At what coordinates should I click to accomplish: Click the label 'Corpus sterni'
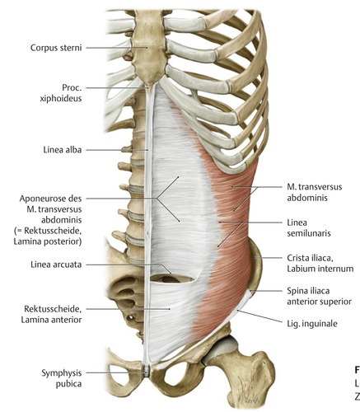coord(56,48)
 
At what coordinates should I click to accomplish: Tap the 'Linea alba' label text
coord(63,150)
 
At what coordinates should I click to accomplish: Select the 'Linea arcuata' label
coord(56,265)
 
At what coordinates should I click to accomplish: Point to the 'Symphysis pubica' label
coord(62,378)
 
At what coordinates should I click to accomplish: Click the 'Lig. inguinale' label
coord(312,324)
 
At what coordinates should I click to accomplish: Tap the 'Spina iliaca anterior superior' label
coord(319,296)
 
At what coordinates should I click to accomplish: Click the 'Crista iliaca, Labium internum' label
coord(320,263)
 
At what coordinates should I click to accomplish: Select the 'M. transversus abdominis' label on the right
coord(315,192)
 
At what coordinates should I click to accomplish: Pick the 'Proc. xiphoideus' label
coord(61,93)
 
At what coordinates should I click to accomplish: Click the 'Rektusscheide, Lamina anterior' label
coord(51,314)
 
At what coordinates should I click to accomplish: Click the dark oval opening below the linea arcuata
coord(172,279)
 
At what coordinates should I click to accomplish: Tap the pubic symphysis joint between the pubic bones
coord(147,371)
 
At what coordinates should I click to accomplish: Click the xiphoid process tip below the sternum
coord(148,85)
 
